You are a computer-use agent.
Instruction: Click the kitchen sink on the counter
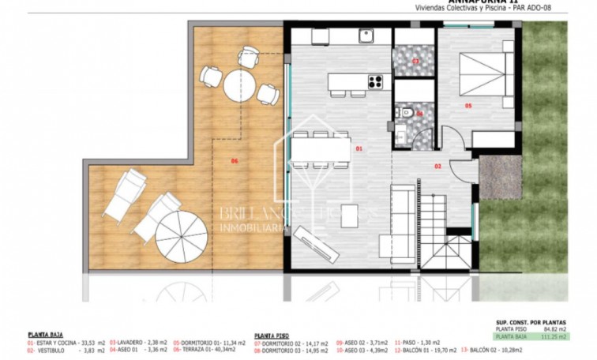point(366,36)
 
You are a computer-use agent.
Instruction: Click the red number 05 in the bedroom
point(467,105)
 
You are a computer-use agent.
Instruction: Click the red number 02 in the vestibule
point(437,167)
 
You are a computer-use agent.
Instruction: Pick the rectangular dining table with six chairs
point(320,149)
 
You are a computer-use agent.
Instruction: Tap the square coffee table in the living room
point(350,216)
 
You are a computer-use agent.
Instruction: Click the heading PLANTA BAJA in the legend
point(45,335)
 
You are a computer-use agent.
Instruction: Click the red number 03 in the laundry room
point(415,60)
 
